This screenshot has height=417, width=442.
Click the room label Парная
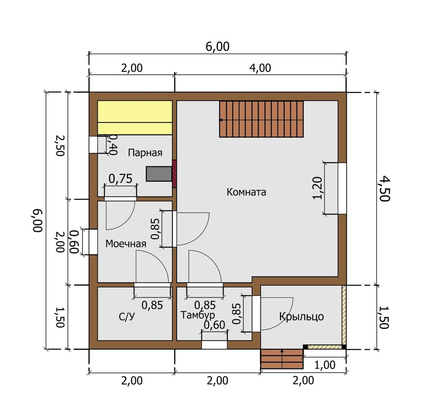[x=145, y=153]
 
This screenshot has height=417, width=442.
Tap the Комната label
[x=247, y=192]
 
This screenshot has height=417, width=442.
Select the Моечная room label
[x=126, y=244]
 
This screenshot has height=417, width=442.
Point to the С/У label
[x=127, y=317]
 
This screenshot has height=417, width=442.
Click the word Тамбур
[x=198, y=315]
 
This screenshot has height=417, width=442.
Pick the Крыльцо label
[x=301, y=316]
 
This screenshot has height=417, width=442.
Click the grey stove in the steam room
[x=159, y=174]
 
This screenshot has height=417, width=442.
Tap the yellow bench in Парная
[x=135, y=118]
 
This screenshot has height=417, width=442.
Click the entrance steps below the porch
[x=282, y=359]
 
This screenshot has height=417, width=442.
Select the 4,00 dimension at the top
[x=260, y=68]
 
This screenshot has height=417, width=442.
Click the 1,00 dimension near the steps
[x=325, y=365]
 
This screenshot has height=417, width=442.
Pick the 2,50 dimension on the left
[x=60, y=146]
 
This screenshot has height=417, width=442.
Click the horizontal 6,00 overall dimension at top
[x=217, y=47]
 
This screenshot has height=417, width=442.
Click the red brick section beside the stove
[x=174, y=174]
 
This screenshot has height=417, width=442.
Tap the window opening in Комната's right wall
[x=342, y=189]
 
